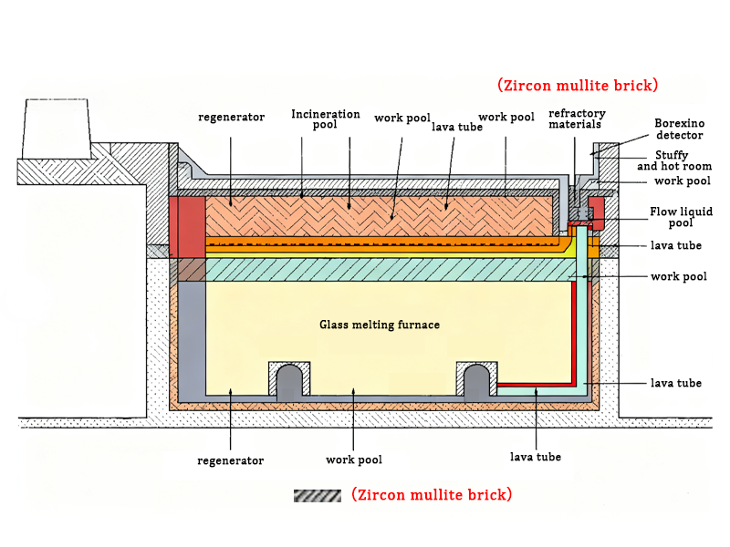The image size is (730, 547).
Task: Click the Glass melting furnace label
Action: click(x=380, y=325)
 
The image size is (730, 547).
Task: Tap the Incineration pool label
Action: click(x=314, y=119)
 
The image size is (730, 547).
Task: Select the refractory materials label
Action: click(x=576, y=119)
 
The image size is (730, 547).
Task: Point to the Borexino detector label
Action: click(x=679, y=129)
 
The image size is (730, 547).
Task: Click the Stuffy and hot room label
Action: click(x=674, y=160)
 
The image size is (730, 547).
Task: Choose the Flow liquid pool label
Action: click(x=681, y=217)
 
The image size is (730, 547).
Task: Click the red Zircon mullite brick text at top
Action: click(x=578, y=86)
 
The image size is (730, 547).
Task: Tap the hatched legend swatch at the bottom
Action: click(x=317, y=495)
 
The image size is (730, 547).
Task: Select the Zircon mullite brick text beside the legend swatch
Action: click(x=432, y=495)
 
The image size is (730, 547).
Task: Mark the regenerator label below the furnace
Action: click(x=230, y=460)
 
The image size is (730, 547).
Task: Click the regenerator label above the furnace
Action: click(x=231, y=117)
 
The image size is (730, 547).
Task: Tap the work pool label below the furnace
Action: click(x=354, y=459)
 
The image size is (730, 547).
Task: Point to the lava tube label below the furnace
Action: click(x=536, y=457)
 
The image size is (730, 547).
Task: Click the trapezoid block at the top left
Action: click(x=54, y=128)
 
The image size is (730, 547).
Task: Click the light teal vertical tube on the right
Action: click(x=582, y=310)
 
